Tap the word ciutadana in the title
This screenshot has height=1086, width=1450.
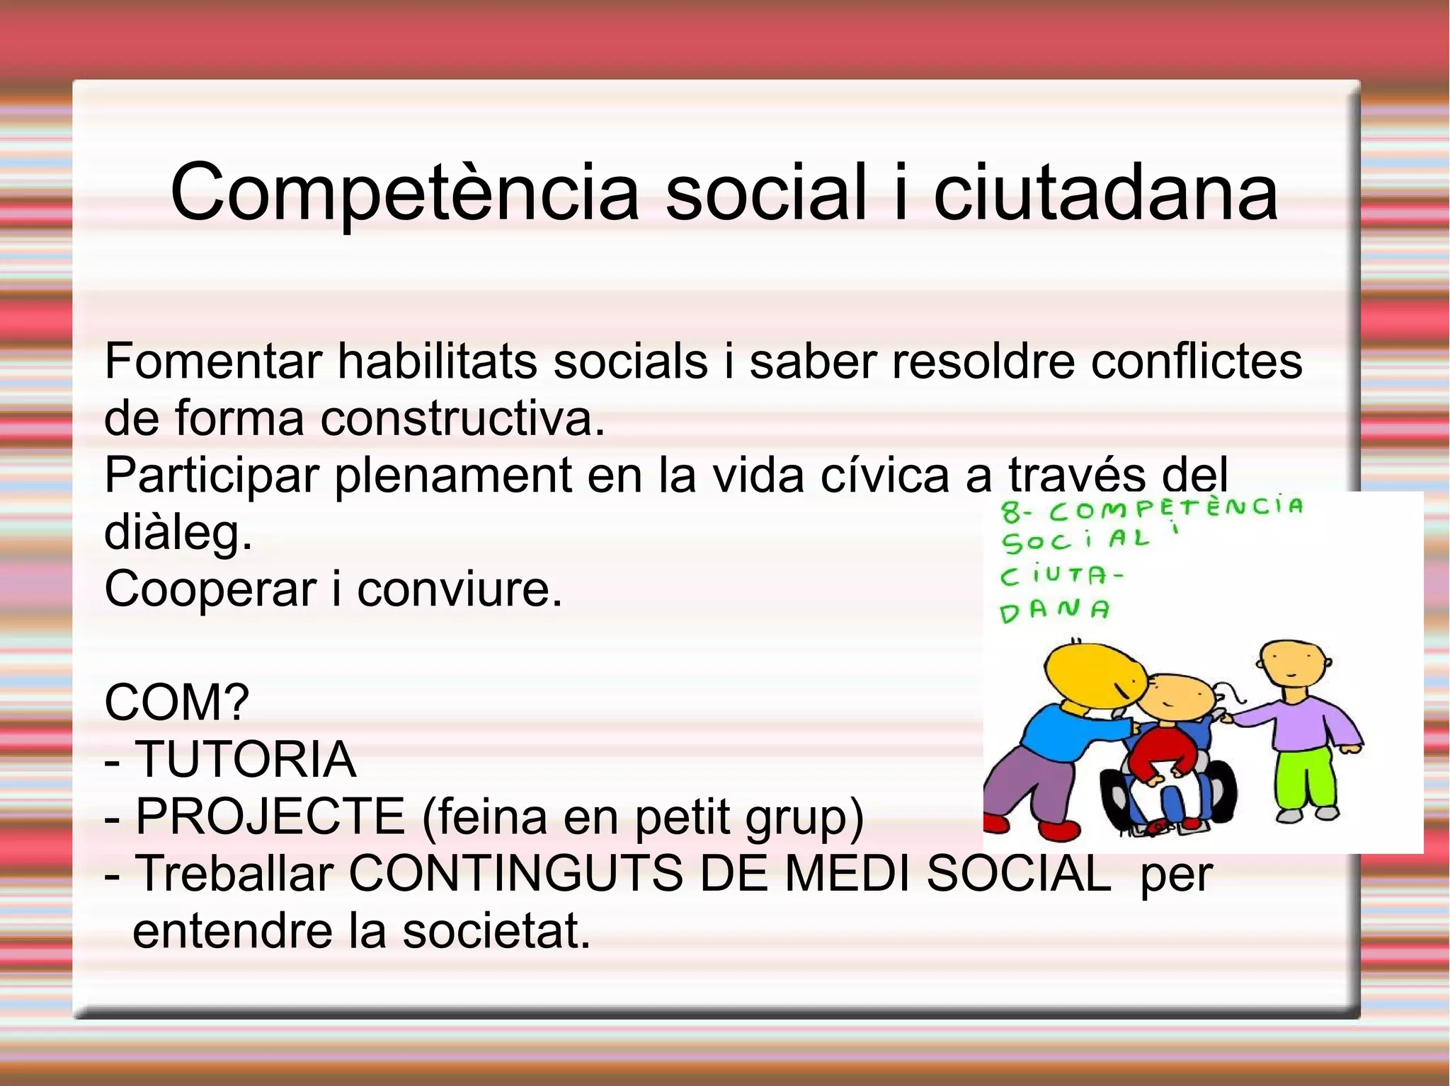pyautogui.click(x=1105, y=193)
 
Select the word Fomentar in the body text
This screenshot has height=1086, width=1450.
pyautogui.click(x=213, y=362)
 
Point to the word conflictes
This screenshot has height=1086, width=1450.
pyautogui.click(x=1196, y=362)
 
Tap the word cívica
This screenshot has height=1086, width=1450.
pyautogui.click(x=884, y=475)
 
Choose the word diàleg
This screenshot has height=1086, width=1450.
pyautogui.click(x=178, y=533)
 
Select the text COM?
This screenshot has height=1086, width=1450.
pyautogui.click(x=177, y=703)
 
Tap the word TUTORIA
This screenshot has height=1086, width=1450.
pyautogui.click(x=245, y=759)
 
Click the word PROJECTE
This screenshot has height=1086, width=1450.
pyautogui.click(x=270, y=816)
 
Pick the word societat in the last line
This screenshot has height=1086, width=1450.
pyautogui.click(x=496, y=931)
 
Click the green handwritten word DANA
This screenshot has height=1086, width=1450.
pyautogui.click(x=1054, y=611)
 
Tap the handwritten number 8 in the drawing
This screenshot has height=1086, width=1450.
pyautogui.click(x=1010, y=511)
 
